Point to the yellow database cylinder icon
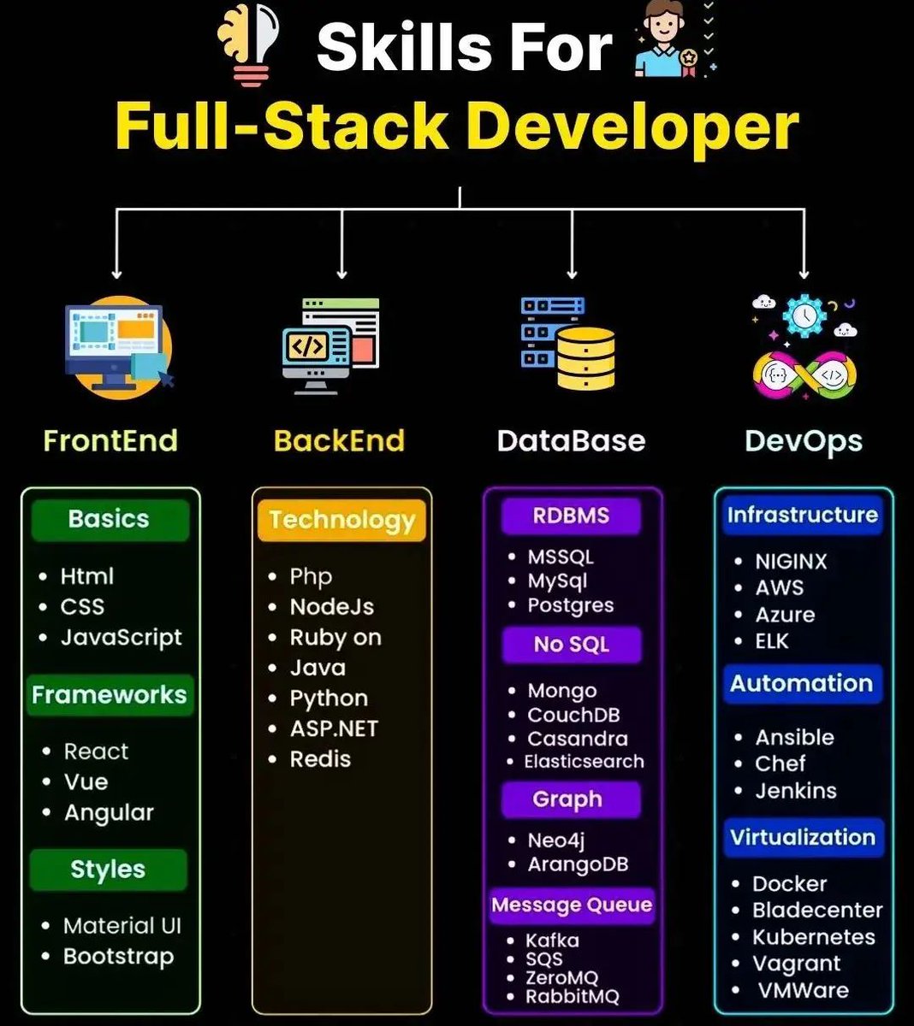[586, 357]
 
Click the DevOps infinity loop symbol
[804, 375]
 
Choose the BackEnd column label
[339, 441]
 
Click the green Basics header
[110, 519]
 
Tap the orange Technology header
[341, 520]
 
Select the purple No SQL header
[571, 645]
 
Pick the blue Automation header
[801, 684]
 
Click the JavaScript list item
[121, 638]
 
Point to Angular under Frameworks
[109, 812]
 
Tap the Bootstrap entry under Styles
[118, 957]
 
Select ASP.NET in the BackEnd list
[333, 729]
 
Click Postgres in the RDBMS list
[570, 606]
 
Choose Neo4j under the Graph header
[555, 840]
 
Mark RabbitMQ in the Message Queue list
[572, 997]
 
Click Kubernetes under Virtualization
[813, 937]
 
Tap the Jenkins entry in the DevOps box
[795, 791]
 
